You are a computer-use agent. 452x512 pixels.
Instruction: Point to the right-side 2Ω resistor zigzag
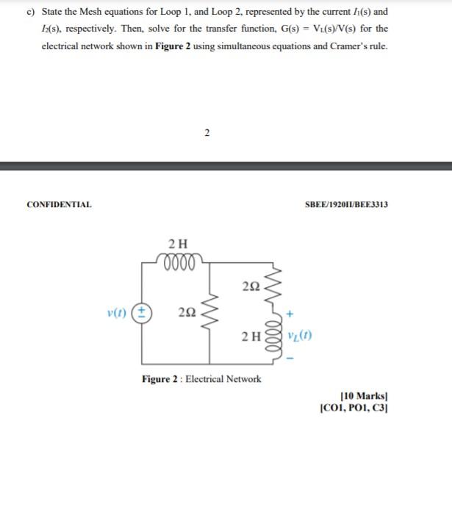click(x=277, y=285)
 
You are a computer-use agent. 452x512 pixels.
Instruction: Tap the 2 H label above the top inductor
click(x=178, y=243)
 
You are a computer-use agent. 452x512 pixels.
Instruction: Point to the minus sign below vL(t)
click(x=292, y=358)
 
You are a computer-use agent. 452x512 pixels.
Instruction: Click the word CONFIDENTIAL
click(x=59, y=204)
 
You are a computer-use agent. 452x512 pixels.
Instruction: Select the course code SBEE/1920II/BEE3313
click(x=346, y=204)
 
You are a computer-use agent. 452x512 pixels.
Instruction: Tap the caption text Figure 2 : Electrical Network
click(x=201, y=379)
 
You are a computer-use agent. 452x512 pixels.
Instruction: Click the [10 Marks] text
click(x=362, y=397)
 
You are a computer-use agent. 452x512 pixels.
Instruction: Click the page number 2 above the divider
click(x=207, y=132)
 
